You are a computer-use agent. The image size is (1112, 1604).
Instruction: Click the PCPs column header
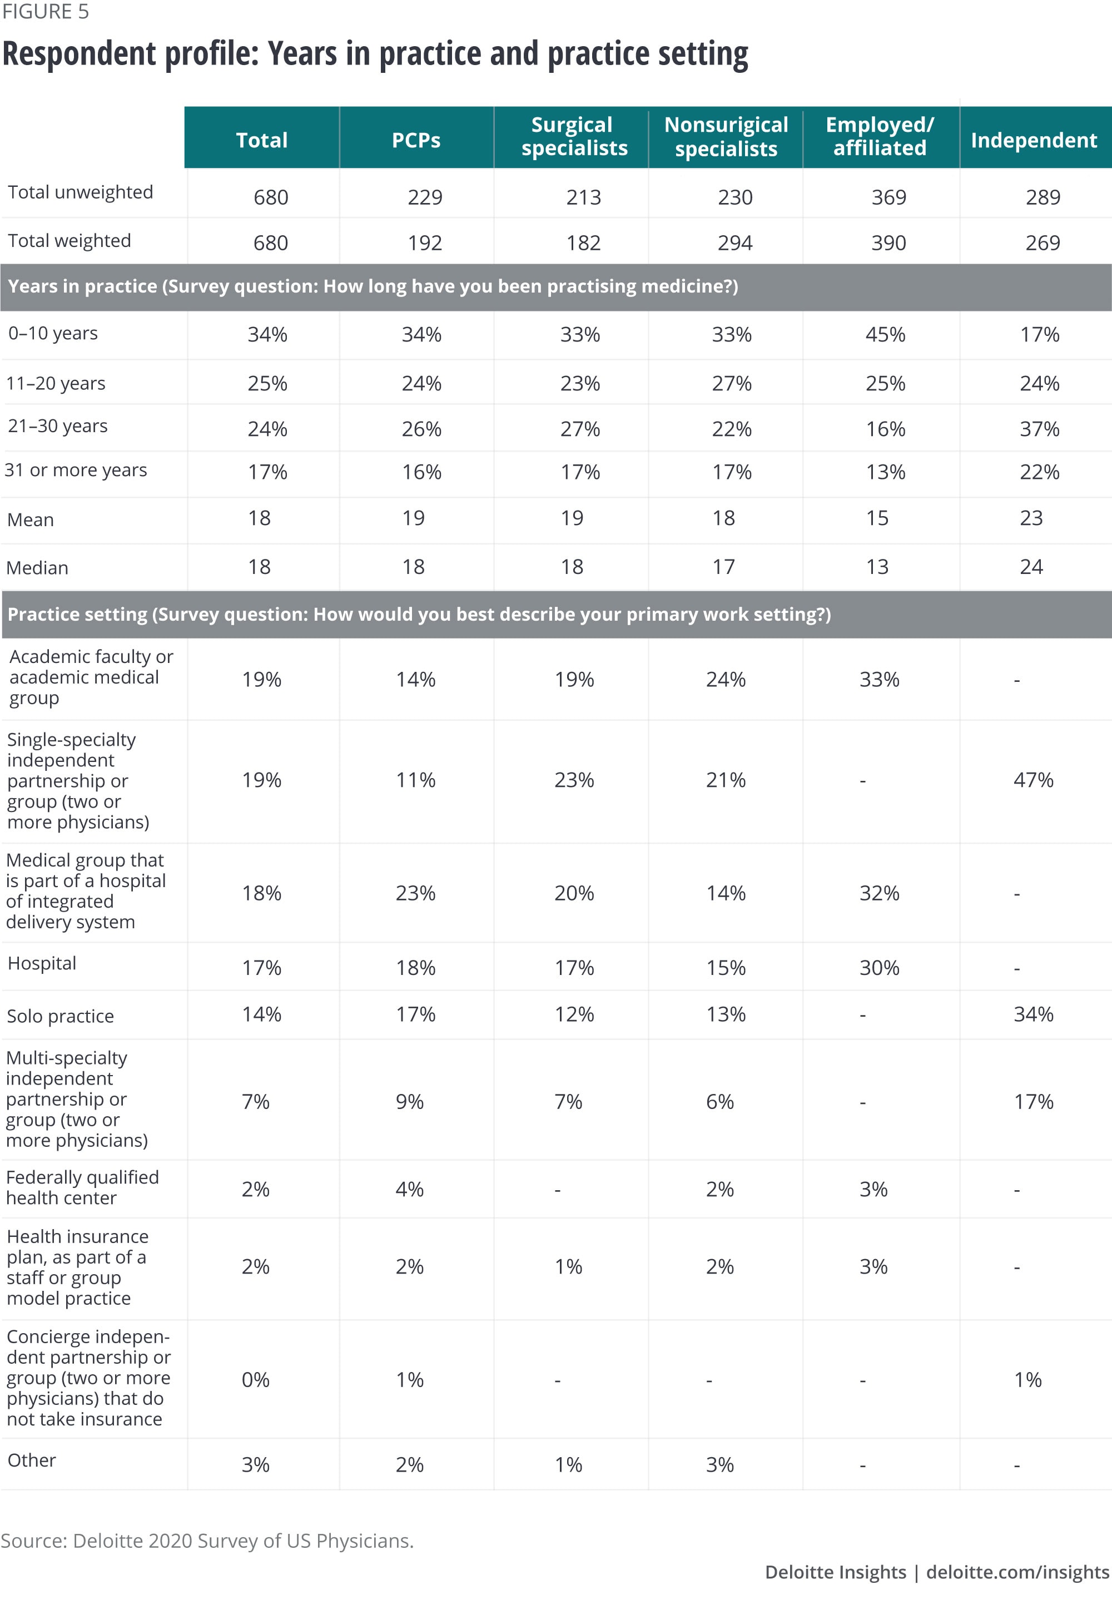(x=416, y=140)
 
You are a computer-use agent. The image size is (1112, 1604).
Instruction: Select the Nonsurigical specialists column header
(x=726, y=137)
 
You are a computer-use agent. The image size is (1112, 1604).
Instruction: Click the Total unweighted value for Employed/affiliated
(x=888, y=198)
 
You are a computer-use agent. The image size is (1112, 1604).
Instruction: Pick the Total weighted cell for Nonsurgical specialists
(x=735, y=243)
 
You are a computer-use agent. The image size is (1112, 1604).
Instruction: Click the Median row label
(x=38, y=568)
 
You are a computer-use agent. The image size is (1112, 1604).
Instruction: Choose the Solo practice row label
(x=61, y=1016)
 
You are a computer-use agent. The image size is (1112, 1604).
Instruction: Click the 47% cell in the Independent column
(x=1032, y=780)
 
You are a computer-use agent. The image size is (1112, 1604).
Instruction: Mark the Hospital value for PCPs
(x=415, y=968)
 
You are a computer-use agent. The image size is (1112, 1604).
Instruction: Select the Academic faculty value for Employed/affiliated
(x=878, y=680)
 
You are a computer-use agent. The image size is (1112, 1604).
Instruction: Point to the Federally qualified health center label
(x=82, y=1187)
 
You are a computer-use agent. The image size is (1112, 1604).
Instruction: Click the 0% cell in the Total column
(x=255, y=1380)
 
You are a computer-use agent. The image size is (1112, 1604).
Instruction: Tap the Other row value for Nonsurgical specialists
(x=719, y=1464)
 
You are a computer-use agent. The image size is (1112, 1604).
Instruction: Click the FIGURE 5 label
(x=45, y=12)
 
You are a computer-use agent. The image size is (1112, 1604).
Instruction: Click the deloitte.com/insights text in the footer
(x=1017, y=1572)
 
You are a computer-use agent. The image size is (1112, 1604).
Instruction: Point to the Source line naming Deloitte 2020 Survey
(x=207, y=1541)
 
